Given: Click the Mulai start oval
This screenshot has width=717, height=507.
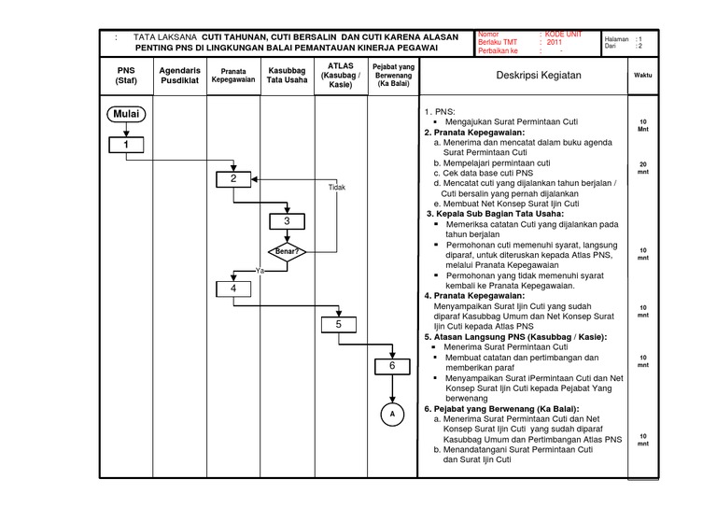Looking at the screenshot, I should [126, 115].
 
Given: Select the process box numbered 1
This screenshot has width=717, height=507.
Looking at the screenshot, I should [126, 145].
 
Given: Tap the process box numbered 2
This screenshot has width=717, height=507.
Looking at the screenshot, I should [233, 179].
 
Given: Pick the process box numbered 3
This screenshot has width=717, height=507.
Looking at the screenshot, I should [287, 221].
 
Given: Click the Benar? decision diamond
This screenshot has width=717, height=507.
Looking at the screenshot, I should [287, 252].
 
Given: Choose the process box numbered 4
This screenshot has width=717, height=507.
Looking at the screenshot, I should [233, 289].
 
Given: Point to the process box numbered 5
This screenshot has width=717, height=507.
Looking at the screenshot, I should [340, 324].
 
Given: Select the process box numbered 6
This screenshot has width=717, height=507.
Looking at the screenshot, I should [393, 367].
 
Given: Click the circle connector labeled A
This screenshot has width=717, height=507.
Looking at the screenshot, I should [393, 414].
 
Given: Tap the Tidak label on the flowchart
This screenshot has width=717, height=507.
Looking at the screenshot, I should [336, 188].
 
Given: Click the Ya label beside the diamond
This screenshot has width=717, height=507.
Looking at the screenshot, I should [259, 270].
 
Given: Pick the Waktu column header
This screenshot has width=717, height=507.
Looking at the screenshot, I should [642, 75].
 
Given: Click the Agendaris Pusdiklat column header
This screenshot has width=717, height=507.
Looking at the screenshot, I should [180, 75].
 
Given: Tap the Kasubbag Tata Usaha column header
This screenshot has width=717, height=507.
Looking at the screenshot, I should [287, 75].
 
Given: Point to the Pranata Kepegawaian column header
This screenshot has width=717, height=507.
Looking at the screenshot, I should [233, 75].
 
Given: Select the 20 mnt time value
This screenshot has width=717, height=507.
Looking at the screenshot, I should [642, 169].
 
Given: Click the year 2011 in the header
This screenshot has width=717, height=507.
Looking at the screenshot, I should [555, 43].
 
